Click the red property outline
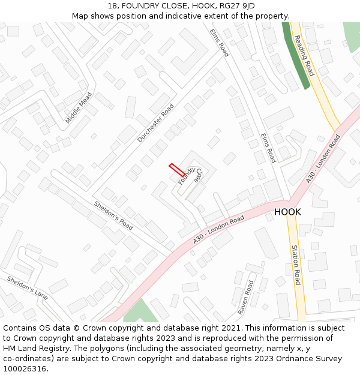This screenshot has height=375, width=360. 176,170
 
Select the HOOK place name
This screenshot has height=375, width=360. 287,212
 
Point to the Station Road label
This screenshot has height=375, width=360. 296,265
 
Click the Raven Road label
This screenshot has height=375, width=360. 246,297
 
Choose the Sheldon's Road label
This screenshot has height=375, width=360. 113,215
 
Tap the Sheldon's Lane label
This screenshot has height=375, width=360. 27,288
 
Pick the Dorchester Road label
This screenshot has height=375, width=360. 155,123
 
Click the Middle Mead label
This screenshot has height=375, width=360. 79,108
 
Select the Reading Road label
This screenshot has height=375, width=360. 304,55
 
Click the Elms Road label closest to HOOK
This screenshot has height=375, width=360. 268,148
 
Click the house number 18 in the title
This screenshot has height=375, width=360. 112,6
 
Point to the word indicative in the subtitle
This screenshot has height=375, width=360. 190,16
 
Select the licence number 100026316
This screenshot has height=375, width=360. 25,369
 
